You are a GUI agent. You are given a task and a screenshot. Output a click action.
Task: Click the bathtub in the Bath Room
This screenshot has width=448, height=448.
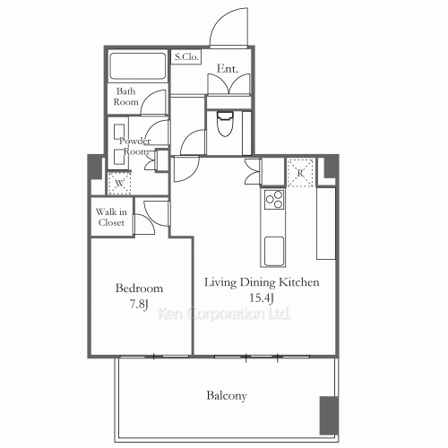(x=138, y=66)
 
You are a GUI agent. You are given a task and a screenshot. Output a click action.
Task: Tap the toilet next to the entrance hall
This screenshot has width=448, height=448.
(x=225, y=124)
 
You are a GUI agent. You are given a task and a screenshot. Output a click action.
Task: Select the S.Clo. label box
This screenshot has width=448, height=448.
(x=186, y=56)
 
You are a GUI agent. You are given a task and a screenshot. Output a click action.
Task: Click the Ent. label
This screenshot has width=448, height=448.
(x=228, y=69)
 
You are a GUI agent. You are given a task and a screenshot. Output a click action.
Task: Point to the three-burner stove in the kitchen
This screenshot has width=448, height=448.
(x=274, y=199)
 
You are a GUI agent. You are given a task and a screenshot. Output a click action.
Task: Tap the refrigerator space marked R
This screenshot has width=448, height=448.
(x=300, y=173)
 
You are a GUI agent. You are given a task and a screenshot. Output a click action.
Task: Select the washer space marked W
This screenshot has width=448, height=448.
(x=119, y=183)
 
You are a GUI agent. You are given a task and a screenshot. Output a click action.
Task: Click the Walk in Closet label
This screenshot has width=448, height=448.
(x=111, y=217)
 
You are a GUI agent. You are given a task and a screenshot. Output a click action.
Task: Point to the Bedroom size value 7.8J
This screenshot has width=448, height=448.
(x=139, y=305)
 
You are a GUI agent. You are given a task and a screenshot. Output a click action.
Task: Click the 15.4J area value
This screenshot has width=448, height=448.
(x=262, y=297)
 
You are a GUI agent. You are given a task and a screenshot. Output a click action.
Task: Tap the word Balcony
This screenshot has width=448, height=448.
(x=227, y=396)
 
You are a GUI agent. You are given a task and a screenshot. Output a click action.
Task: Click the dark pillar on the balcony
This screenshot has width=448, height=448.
(x=329, y=415)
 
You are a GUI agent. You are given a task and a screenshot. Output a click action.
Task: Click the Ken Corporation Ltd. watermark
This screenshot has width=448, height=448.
(x=224, y=314)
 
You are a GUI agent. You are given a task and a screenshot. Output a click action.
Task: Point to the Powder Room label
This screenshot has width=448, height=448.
(x=135, y=146)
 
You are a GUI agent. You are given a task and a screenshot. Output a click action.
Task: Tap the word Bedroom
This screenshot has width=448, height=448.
(x=139, y=289)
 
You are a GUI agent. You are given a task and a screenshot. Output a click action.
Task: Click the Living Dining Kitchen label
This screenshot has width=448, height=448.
(x=262, y=282)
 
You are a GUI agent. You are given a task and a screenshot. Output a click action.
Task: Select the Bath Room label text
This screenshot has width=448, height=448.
(x=125, y=97)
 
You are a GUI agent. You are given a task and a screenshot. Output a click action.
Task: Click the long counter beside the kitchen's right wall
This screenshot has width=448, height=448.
(x=326, y=223)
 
